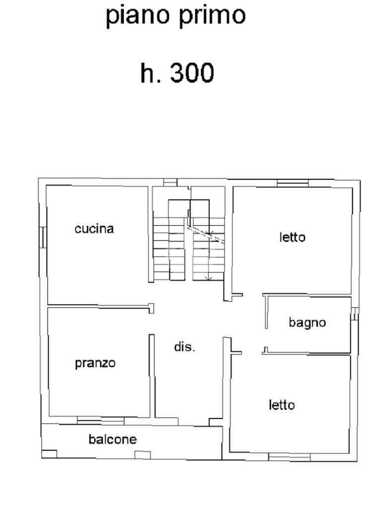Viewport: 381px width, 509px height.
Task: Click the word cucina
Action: point(94,229)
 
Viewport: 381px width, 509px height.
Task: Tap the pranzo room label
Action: point(95,363)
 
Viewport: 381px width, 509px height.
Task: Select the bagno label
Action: point(307,323)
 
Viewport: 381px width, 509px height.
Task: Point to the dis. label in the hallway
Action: point(185,346)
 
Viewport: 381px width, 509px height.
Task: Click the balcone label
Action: point(113,439)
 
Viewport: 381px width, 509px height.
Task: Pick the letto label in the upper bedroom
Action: point(292,237)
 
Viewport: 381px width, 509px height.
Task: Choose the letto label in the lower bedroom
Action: point(282,405)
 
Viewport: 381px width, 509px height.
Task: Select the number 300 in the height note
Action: point(192,73)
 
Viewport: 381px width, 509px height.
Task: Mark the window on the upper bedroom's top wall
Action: point(293,184)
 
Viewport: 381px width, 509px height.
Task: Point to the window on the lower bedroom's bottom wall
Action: point(289,457)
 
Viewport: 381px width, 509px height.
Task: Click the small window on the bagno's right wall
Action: point(355,314)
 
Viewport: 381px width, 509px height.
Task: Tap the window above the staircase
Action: point(170,183)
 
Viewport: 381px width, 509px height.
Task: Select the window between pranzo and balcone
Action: point(100,421)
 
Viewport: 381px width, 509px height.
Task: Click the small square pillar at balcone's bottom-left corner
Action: point(49,454)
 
